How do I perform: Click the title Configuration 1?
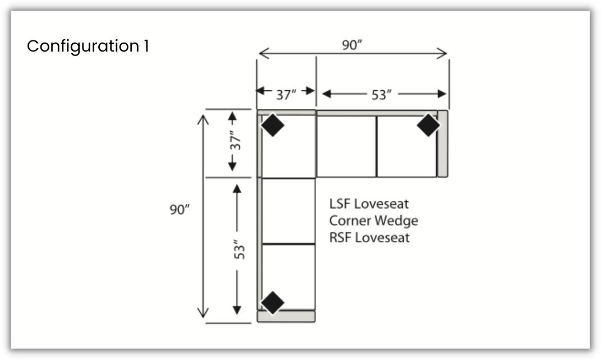[88, 46]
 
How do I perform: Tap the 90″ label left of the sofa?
[180, 210]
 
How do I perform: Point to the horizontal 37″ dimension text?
[286, 94]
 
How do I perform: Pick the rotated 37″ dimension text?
[238, 142]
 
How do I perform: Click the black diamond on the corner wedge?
[273, 125]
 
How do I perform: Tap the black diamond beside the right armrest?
[428, 125]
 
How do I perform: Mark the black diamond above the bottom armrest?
[273, 303]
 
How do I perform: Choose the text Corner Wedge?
[374, 220]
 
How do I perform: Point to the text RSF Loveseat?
[370, 238]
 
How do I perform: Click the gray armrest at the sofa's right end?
[443, 144]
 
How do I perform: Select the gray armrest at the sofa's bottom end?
[286, 316]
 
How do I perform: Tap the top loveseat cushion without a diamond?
[346, 146]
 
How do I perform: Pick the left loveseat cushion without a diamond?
[288, 211]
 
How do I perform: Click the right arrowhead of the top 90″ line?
[444, 54]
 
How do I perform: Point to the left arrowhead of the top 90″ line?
[261, 54]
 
